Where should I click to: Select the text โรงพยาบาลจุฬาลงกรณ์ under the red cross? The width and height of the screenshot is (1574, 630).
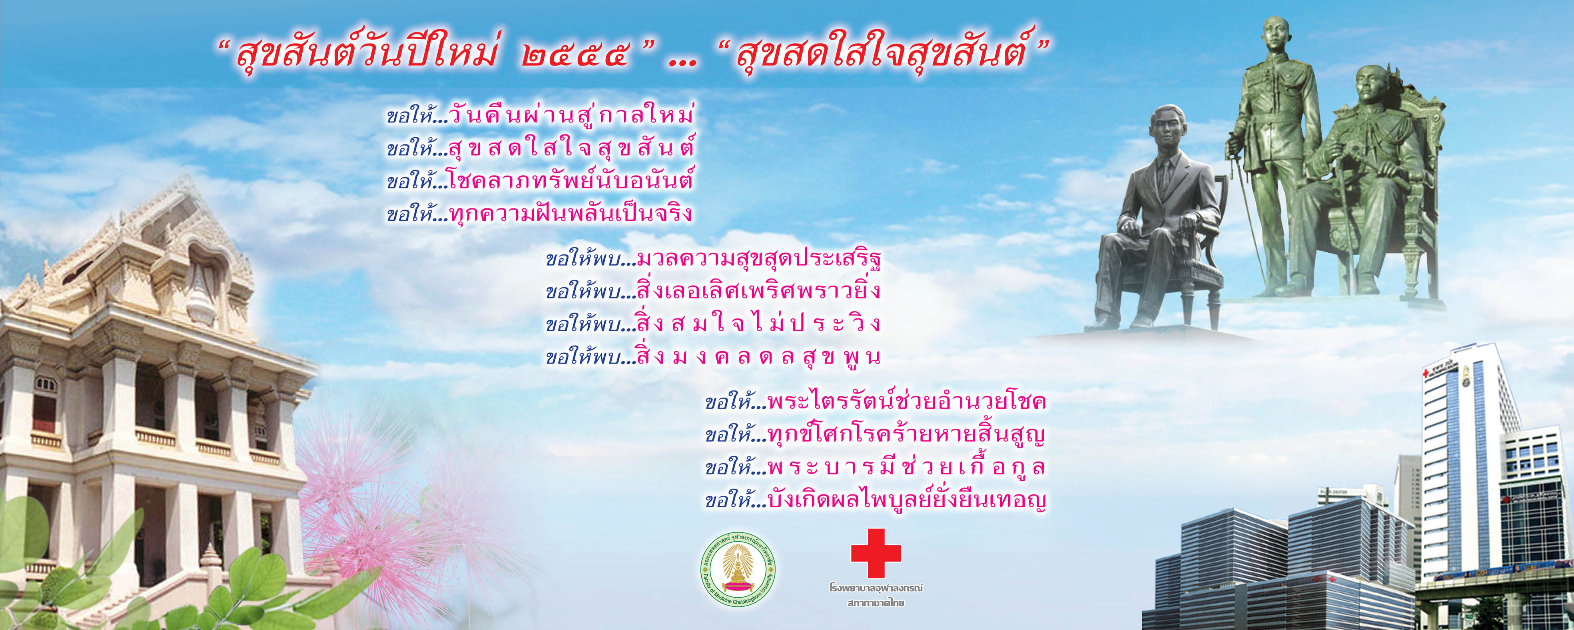876,588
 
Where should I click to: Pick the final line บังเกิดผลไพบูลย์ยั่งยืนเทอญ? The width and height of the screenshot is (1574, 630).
907,500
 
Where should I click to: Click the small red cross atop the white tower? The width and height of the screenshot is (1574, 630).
1427,372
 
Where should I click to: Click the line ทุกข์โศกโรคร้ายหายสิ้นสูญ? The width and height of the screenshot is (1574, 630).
907,434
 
